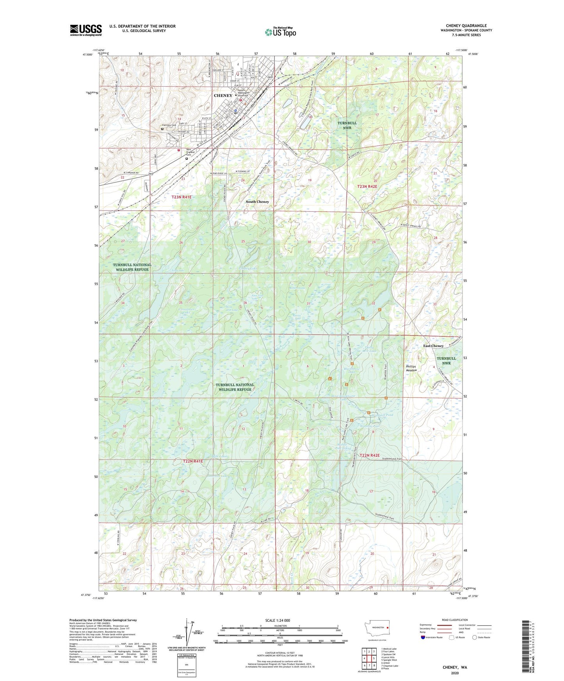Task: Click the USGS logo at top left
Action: tap(86, 30)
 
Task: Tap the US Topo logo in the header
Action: tap(280, 32)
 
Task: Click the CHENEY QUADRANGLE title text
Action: tap(466, 26)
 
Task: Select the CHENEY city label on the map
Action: tap(223, 96)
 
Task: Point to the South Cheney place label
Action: tap(257, 202)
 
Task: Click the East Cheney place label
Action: tap(433, 346)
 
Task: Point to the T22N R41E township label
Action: tap(193, 461)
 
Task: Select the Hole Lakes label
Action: tap(219, 456)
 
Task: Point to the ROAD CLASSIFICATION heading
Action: tap(455, 620)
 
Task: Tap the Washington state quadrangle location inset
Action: tap(376, 628)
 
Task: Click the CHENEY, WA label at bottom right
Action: tap(455, 667)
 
